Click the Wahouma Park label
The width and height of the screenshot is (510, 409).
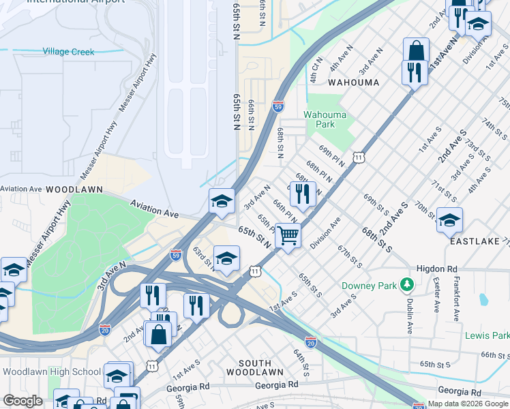[x=325, y=120]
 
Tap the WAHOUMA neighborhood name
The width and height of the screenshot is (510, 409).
[x=353, y=82]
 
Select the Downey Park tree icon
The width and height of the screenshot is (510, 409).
[x=407, y=284]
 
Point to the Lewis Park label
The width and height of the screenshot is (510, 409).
[x=487, y=336]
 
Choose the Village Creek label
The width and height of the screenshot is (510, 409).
[x=69, y=51]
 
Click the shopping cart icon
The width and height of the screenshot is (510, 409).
[x=288, y=236]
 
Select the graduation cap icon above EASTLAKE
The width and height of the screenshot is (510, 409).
[x=449, y=220]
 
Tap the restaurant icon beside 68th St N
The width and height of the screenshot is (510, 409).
[x=303, y=194]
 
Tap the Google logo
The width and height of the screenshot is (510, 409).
[x=22, y=401]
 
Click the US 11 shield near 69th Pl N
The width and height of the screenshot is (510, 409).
[x=358, y=157]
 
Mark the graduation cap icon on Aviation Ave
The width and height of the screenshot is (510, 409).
[x=222, y=201]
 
